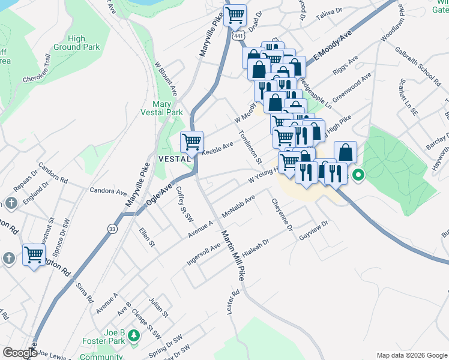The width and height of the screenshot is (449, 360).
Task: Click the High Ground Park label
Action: click(x=76, y=43)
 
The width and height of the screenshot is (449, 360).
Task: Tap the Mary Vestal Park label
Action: click(x=161, y=108)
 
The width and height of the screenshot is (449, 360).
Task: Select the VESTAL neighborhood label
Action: click(x=174, y=158)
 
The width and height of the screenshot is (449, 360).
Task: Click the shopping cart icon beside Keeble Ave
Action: click(x=192, y=142)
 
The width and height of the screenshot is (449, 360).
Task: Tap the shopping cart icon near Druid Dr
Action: click(x=235, y=15)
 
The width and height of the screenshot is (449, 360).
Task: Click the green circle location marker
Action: click(x=358, y=176)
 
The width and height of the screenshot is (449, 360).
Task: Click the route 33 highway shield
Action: click(x=112, y=228)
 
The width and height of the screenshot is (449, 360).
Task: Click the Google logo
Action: click(x=19, y=353)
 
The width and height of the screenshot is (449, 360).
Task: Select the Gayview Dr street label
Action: click(x=314, y=230)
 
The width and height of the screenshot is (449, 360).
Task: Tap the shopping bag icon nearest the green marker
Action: click(x=345, y=152)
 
